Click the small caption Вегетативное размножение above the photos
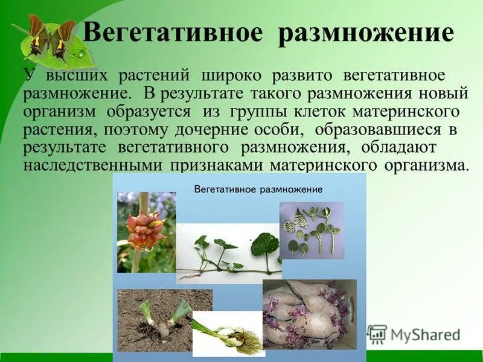pos(258,189)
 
